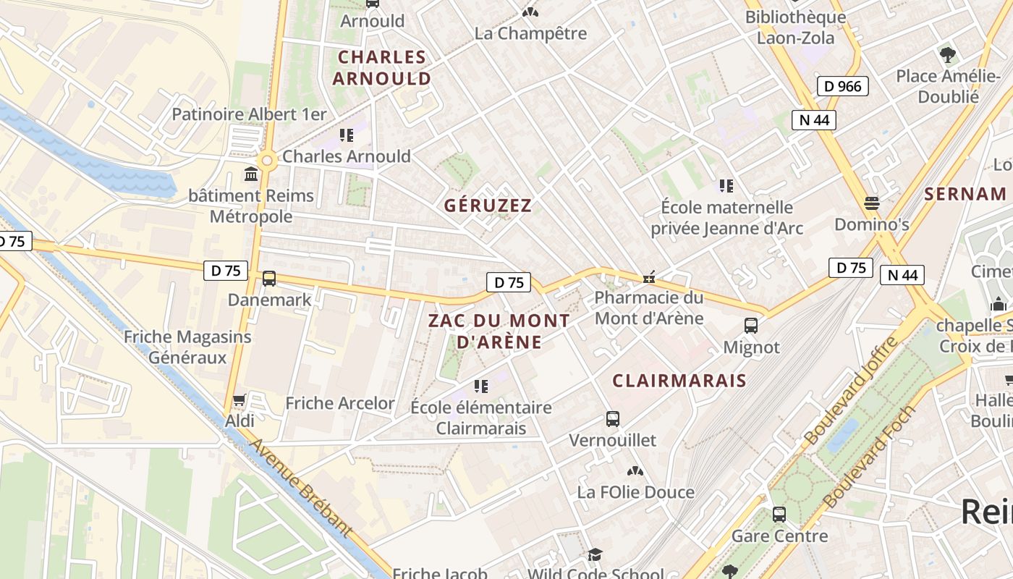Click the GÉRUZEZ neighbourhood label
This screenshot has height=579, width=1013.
click(488, 206)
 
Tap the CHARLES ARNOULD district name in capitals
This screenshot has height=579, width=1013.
click(382, 67)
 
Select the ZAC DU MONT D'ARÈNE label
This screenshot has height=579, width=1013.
click(499, 331)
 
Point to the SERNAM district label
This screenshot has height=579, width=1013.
click(965, 194)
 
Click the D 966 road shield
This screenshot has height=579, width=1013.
click(843, 87)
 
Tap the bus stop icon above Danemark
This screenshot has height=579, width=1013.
click(269, 279)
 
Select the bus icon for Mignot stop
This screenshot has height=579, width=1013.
click(751, 326)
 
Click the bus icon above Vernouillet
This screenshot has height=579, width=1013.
click(612, 419)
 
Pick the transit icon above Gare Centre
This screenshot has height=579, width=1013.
click(779, 515)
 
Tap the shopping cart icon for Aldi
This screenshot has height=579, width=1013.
click(240, 400)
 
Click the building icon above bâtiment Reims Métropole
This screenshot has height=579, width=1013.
click(251, 174)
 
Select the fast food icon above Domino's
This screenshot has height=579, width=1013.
click(871, 203)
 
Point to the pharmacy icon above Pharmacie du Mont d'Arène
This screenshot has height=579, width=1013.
click(649, 276)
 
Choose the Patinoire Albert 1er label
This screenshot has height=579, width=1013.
click(249, 114)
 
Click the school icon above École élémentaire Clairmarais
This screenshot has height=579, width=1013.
click(480, 386)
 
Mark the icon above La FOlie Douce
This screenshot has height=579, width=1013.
click(635, 471)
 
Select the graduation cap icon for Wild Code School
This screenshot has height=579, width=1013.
click(594, 555)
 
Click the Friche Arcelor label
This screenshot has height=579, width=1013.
click(340, 403)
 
